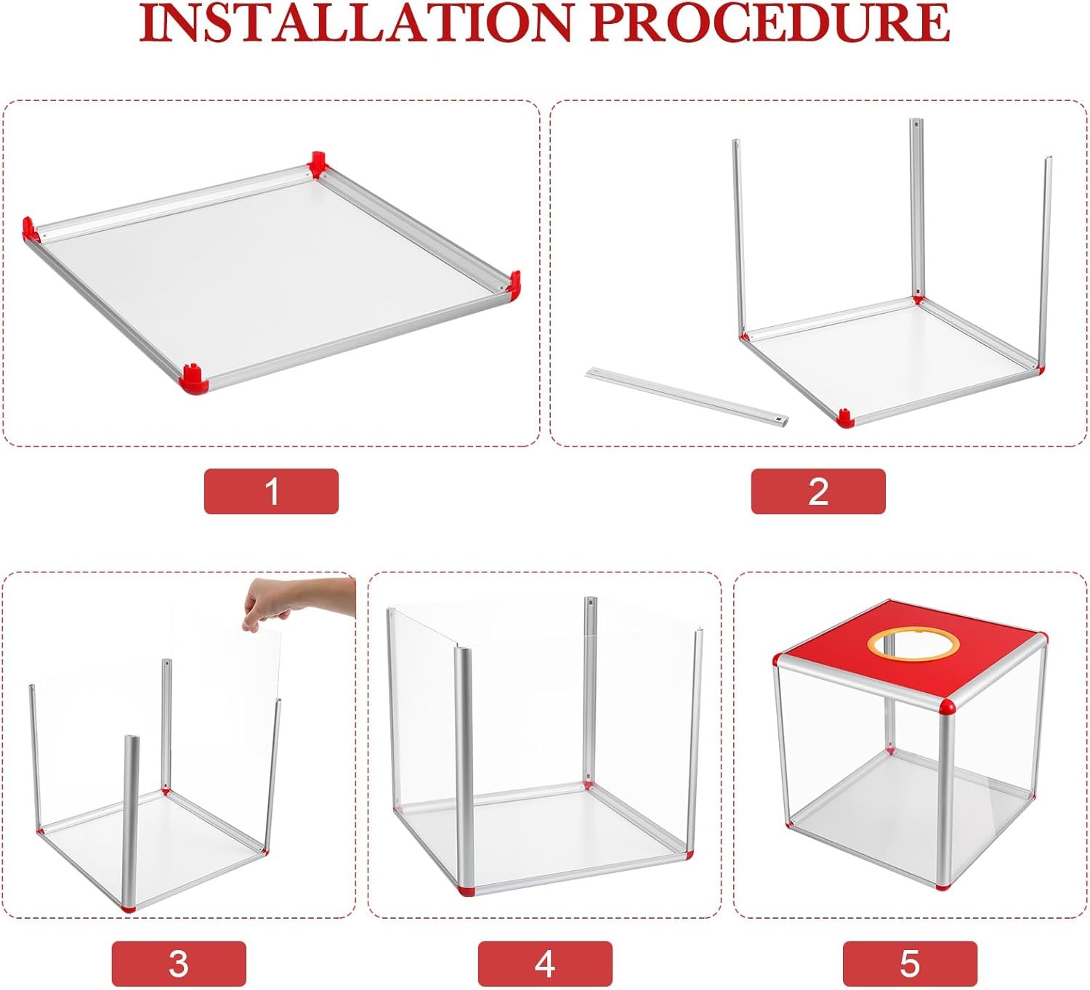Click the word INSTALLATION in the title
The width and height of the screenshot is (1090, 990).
pos(355,23)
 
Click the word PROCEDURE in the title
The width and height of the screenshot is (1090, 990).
pos(770,23)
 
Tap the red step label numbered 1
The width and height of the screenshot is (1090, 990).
pos(271,491)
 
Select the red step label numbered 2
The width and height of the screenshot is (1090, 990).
pos(818,491)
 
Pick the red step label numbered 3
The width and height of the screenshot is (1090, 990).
pos(179,964)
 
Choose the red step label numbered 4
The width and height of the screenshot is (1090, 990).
pos(545,964)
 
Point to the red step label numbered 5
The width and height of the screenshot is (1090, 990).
pos(910,964)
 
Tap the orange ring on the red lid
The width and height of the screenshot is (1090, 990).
pos(913,643)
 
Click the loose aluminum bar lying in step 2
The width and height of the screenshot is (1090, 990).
pos(687,396)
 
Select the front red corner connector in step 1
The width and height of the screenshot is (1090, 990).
pos(194,378)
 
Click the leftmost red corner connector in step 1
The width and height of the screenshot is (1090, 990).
pos(31,228)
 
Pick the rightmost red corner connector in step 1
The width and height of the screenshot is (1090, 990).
pos(513,284)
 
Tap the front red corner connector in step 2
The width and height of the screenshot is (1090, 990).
pos(844,418)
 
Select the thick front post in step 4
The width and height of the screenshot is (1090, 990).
pos(464,768)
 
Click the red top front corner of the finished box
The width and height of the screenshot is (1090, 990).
pos(947,707)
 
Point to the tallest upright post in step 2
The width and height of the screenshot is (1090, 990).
pos(917,208)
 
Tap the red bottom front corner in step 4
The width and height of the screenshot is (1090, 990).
pos(467,891)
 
